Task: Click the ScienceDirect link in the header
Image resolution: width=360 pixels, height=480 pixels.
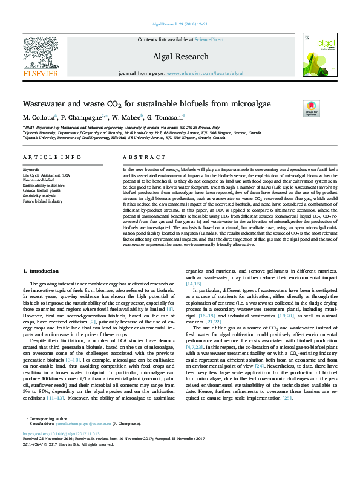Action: point(209,39)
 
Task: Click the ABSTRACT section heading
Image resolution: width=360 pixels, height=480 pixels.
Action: point(136,157)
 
